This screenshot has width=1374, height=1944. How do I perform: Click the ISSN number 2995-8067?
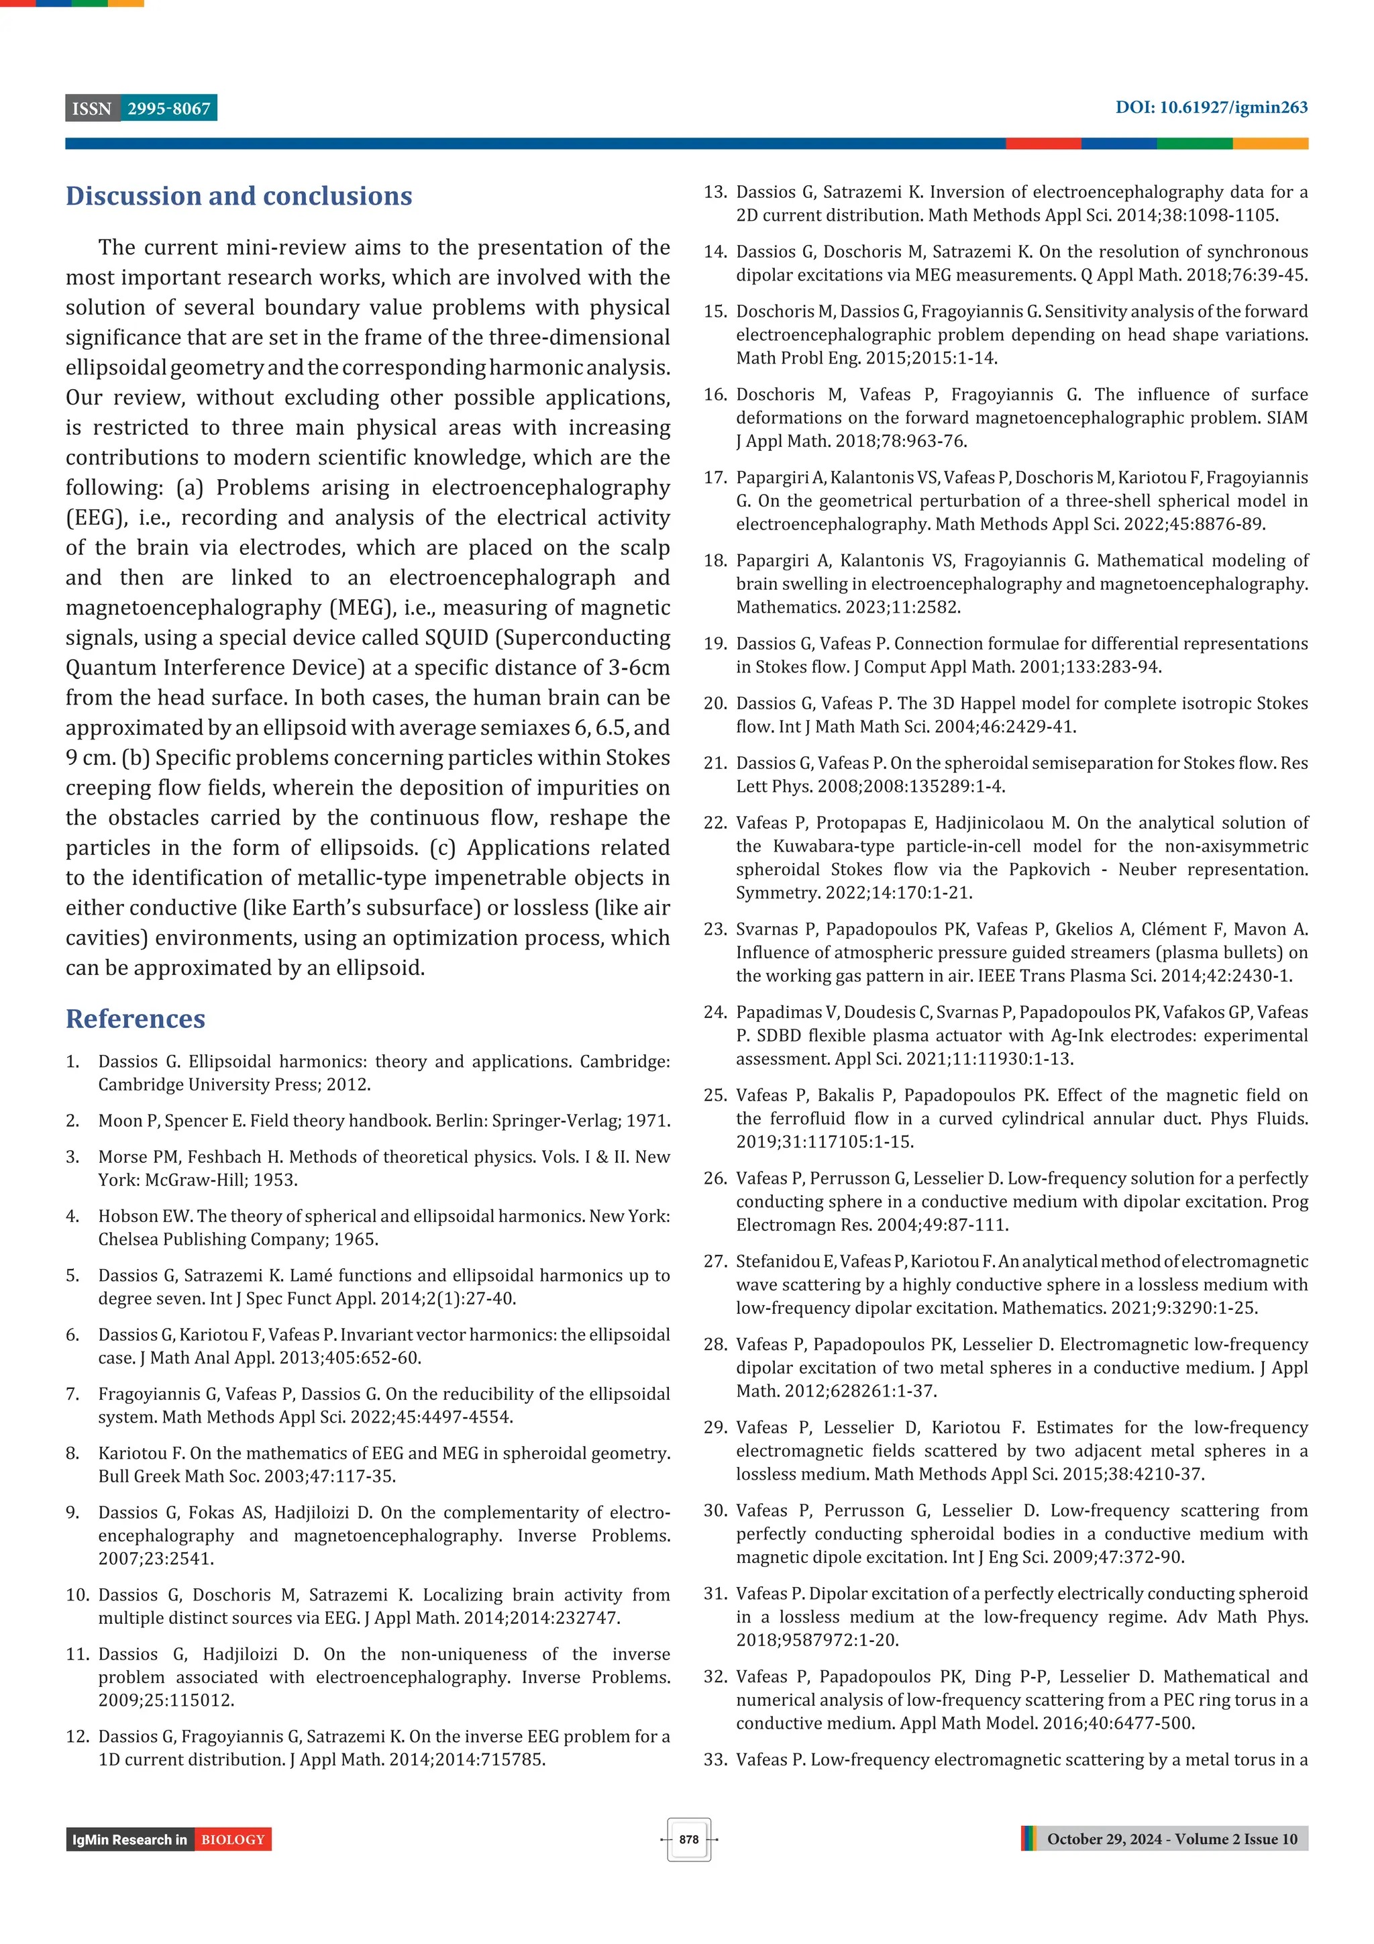point(168,109)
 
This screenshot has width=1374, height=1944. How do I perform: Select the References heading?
point(136,1019)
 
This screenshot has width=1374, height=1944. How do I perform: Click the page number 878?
point(688,1839)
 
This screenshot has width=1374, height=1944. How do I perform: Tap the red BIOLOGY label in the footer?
point(233,1840)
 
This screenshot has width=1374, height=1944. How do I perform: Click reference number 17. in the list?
point(715,478)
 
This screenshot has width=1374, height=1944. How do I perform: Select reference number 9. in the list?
point(73,1513)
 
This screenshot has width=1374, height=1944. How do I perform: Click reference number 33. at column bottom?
point(715,1759)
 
